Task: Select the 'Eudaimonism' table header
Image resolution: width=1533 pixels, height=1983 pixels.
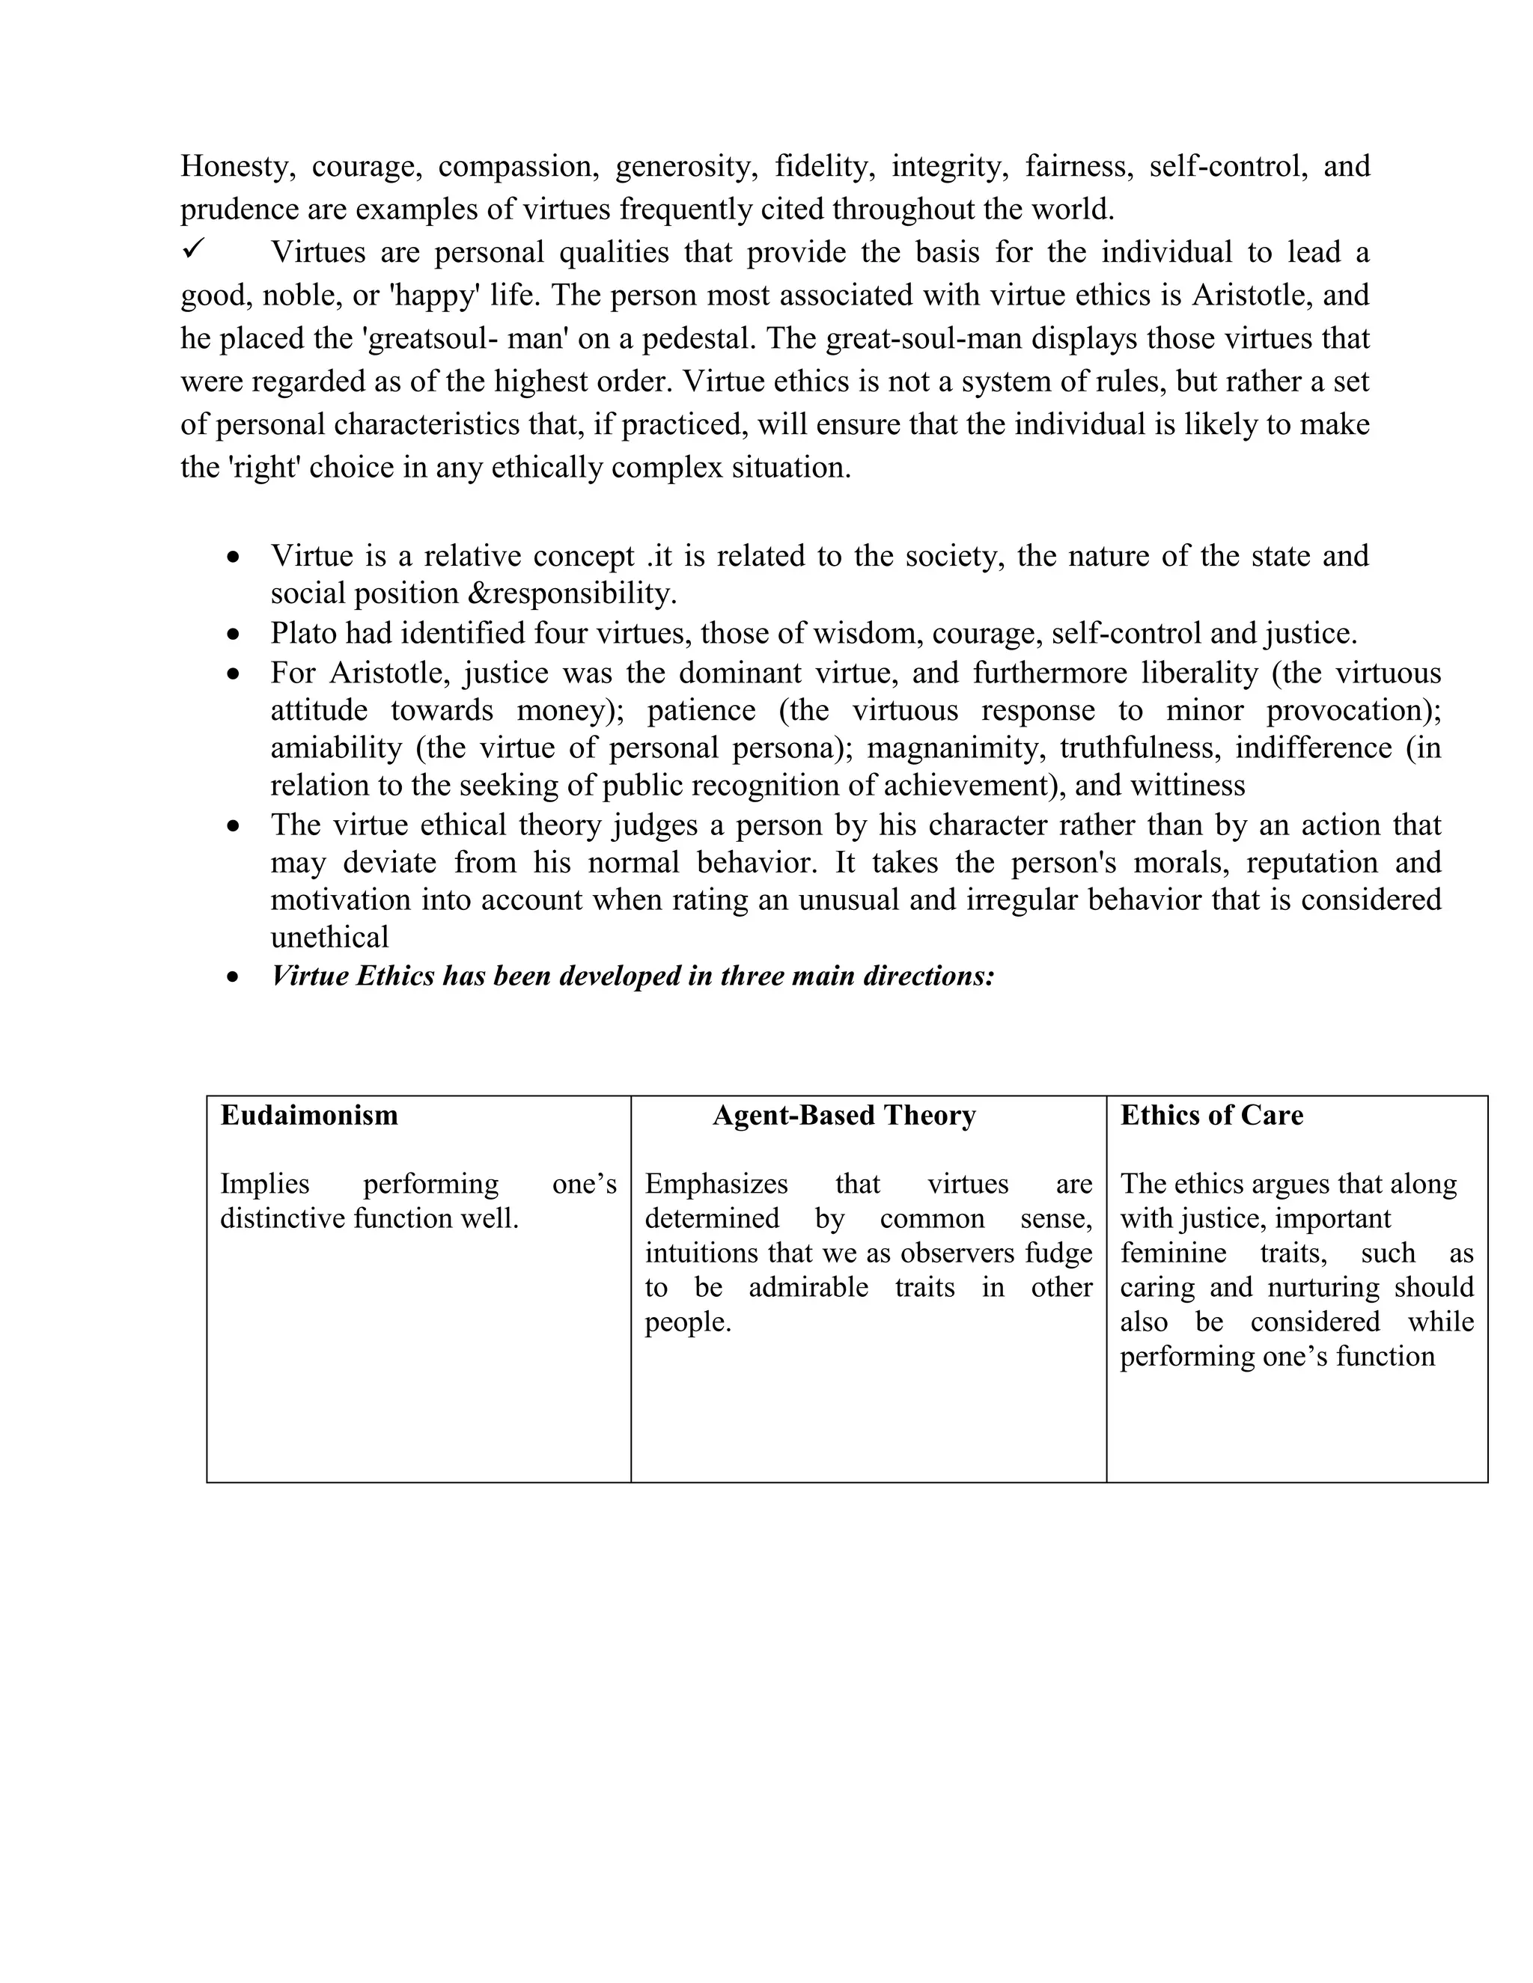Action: [x=309, y=1115]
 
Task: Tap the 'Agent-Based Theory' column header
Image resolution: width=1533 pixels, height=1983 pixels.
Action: [x=844, y=1115]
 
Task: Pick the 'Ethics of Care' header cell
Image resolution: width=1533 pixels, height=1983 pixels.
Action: [x=1212, y=1115]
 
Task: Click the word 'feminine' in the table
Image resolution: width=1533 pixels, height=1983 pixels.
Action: [x=1172, y=1253]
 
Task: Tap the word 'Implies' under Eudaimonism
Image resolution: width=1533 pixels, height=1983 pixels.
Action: [x=264, y=1184]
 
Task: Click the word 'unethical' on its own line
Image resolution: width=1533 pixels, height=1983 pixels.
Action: [x=329, y=937]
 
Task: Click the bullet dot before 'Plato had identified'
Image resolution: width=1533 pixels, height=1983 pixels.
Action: [x=234, y=634]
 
